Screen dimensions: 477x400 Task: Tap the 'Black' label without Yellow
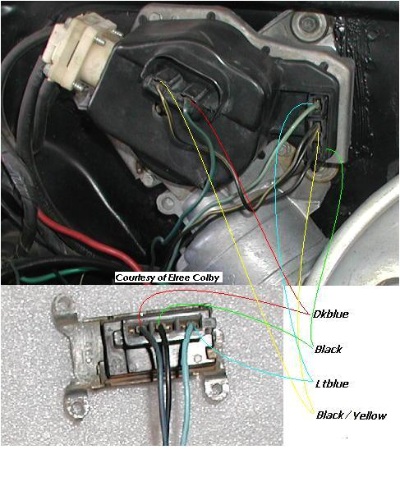click(x=328, y=349)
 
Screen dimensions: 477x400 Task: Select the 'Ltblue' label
click(x=330, y=383)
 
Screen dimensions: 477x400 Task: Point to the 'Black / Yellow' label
click(x=351, y=415)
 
